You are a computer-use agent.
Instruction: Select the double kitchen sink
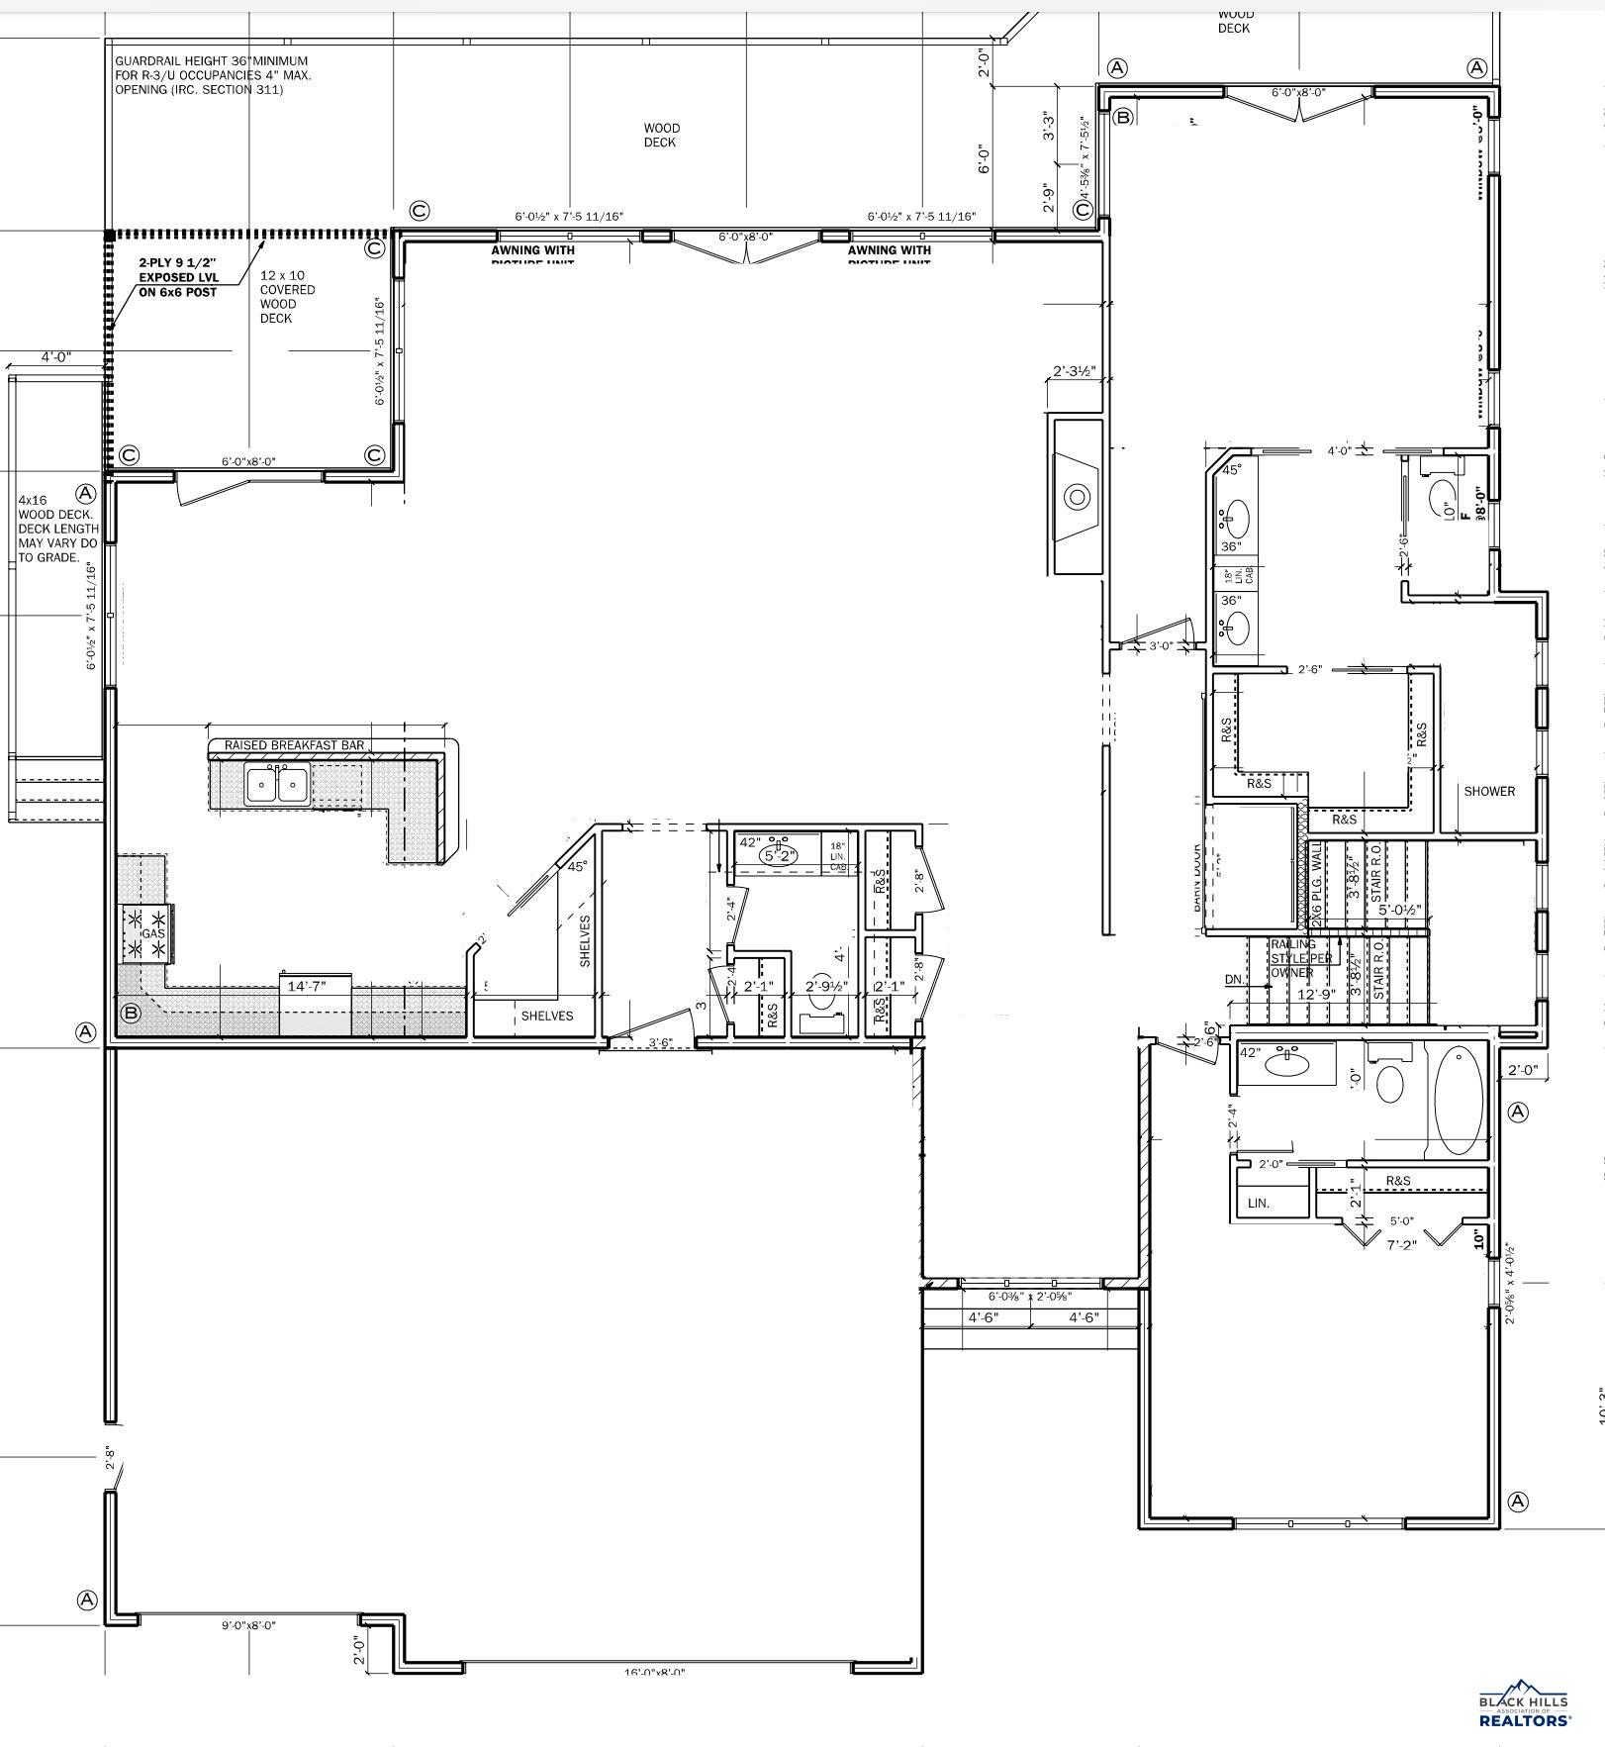pos(276,785)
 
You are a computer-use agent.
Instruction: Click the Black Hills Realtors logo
pos(1524,1703)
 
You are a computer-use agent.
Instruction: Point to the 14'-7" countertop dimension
pos(306,987)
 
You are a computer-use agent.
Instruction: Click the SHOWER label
pos(1488,791)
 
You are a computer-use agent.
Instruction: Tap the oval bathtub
pos(1459,1100)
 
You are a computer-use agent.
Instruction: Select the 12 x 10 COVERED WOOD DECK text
pos(287,297)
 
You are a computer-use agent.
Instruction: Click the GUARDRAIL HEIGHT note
pos(212,75)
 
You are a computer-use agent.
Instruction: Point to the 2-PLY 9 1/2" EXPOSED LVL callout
pos(178,277)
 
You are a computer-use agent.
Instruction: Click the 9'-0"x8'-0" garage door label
pos(248,1625)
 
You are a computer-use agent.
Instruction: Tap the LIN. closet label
pos(1259,1204)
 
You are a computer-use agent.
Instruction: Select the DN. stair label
pos(1234,980)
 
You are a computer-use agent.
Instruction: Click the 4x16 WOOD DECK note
pos(57,529)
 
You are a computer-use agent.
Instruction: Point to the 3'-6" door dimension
pos(661,1042)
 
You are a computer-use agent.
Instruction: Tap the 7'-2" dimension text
pos(1401,1245)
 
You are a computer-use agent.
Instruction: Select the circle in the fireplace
pos(1077,496)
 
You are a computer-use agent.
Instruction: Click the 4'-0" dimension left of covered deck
pos(56,357)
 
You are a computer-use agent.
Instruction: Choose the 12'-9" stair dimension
pos(1316,994)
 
